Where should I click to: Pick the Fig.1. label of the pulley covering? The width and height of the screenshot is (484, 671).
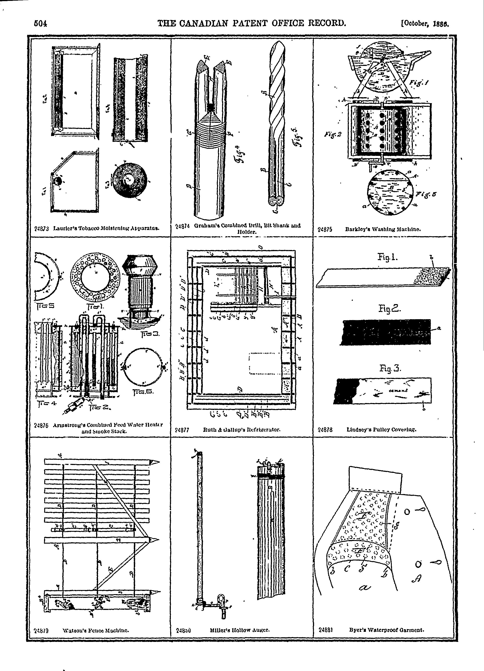pos(387,257)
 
